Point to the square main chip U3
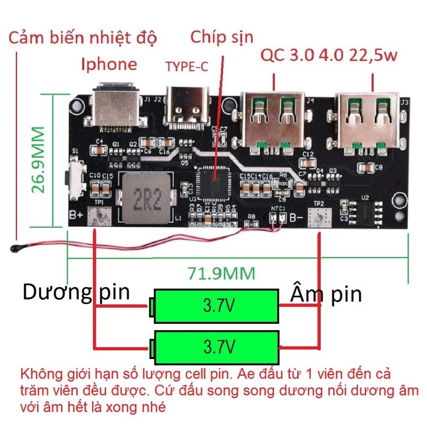[213, 182]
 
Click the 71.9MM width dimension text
[221, 274]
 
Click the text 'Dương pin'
[76, 292]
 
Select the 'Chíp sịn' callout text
[222, 37]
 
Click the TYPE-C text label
[186, 66]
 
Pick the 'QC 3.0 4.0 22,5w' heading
[329, 55]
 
